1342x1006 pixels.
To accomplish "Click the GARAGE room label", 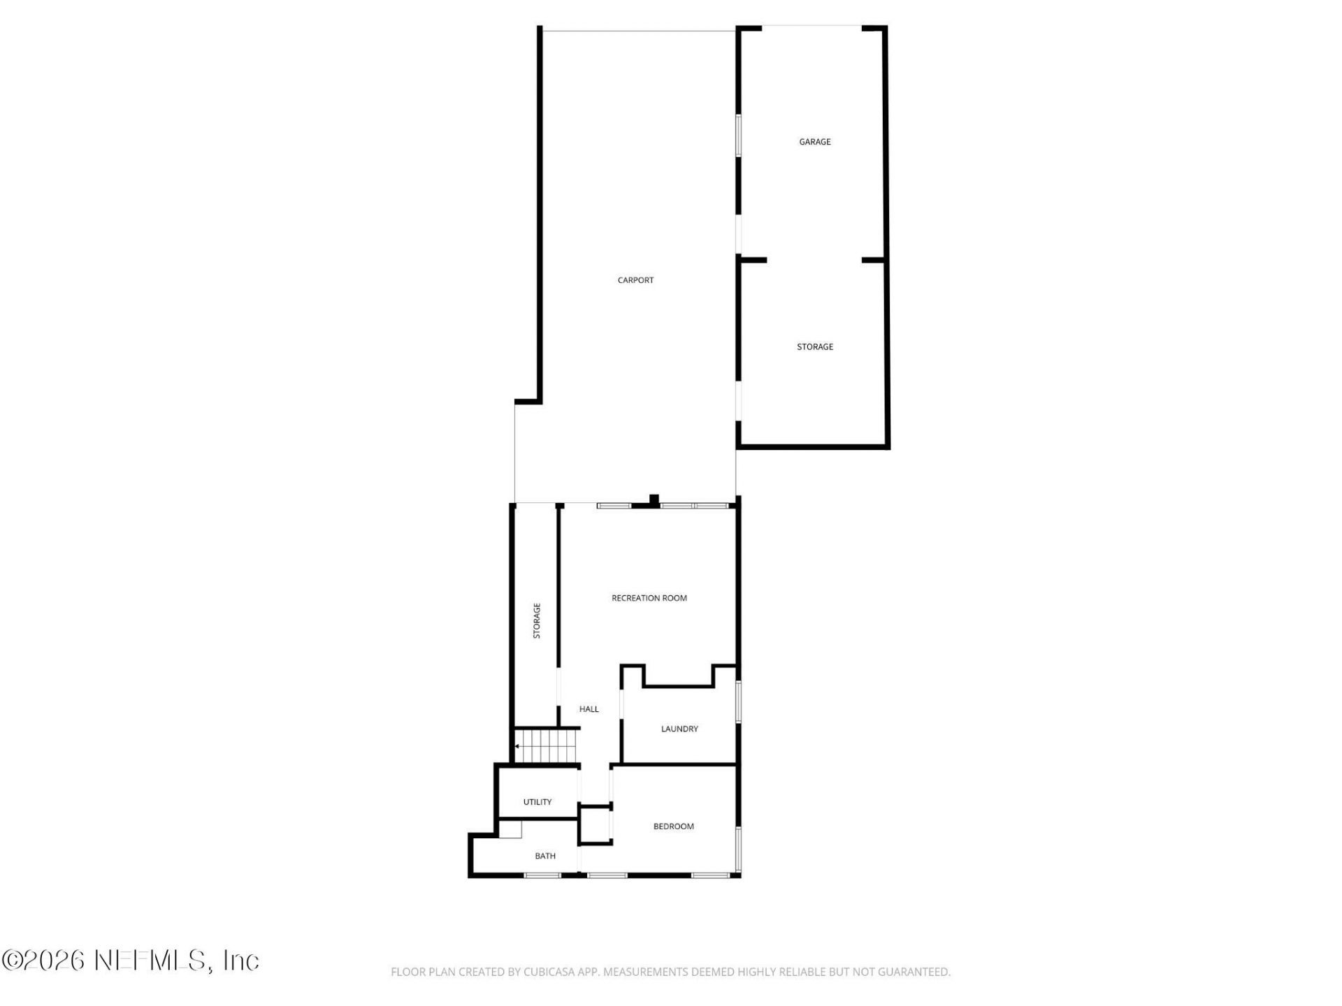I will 815,142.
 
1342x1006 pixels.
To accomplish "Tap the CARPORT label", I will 635,280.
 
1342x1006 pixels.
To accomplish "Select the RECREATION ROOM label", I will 649,598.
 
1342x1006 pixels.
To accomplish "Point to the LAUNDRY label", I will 679,729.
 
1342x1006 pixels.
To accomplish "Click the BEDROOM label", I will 673,826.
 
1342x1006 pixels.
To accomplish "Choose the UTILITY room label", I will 537,802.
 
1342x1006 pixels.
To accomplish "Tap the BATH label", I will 545,856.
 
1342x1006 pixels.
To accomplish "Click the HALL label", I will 589,709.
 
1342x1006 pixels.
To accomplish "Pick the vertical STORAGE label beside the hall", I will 537,620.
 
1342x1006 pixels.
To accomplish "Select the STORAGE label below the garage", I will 815,347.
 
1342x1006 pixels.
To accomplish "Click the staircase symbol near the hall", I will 547,746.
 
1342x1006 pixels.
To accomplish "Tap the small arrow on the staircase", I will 517,746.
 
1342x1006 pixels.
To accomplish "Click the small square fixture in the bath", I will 510,829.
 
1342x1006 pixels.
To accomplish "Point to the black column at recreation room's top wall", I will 654,500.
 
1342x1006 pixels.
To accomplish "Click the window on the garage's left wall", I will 738,136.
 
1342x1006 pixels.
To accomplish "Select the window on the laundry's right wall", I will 738,701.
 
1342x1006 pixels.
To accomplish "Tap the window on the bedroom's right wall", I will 738,849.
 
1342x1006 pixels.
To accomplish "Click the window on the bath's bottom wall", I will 542,875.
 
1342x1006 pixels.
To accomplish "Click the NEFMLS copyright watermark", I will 131,961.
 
